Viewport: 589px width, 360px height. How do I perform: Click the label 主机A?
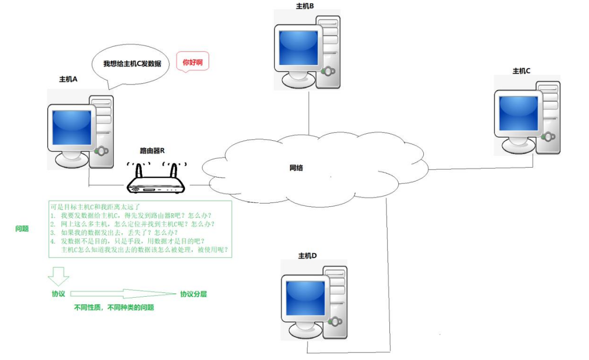(68, 78)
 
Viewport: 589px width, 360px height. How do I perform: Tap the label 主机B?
(305, 5)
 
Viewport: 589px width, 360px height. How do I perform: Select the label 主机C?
(521, 71)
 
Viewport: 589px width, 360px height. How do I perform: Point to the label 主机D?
(307, 256)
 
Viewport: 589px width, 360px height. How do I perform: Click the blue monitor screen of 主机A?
(71, 127)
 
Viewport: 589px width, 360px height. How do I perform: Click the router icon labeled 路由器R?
(156, 181)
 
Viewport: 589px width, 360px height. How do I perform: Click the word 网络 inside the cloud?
(296, 168)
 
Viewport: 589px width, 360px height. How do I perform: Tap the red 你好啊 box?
(193, 62)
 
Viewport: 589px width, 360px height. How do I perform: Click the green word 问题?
(22, 229)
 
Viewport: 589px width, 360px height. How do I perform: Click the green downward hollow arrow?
(58, 276)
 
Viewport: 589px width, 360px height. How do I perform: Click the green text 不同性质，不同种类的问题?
(114, 307)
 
